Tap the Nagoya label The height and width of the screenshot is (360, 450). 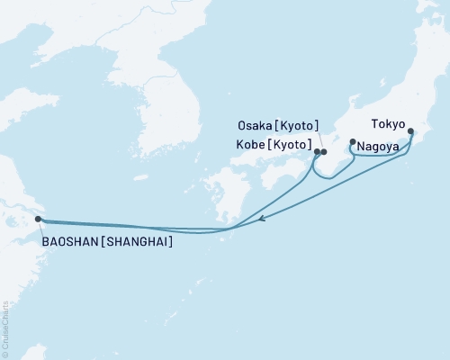(377, 145)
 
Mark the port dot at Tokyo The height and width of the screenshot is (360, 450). (411, 132)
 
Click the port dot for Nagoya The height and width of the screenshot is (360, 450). (353, 141)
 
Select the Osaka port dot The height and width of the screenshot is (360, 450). (324, 152)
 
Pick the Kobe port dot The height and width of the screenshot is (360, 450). (317, 151)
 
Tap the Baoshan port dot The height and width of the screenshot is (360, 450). (38, 219)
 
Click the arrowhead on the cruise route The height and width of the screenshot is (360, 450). (261, 219)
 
